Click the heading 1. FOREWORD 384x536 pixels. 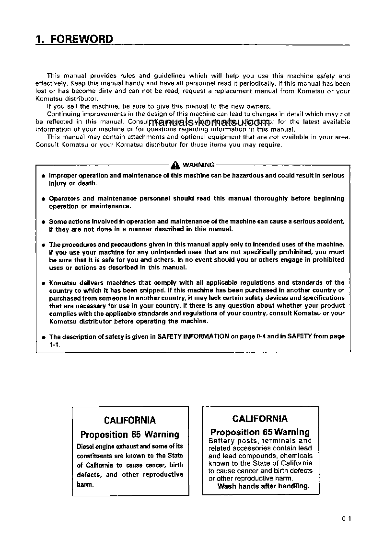click(x=74, y=40)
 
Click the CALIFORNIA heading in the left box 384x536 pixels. click(x=129, y=420)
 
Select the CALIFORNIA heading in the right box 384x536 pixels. click(x=260, y=419)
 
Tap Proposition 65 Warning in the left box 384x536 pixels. click(x=129, y=435)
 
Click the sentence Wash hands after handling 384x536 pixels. click(x=263, y=486)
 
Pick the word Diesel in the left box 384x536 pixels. click(x=86, y=446)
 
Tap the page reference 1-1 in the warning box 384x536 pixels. click(x=54, y=344)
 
